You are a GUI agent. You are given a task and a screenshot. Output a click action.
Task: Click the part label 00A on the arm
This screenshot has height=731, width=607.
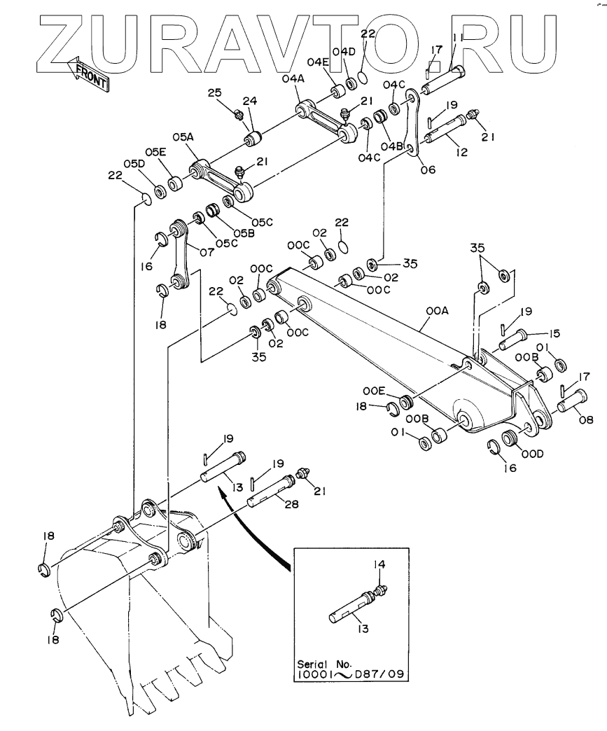438,310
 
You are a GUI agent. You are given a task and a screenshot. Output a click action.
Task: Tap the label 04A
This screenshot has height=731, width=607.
293,79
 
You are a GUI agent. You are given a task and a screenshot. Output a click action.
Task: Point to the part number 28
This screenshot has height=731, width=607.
292,504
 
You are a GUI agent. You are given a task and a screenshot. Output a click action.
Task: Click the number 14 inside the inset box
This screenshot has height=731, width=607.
379,564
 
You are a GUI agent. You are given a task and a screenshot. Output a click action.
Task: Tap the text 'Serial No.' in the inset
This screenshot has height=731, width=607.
326,664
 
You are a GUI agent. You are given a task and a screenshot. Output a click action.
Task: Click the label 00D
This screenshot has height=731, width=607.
533,453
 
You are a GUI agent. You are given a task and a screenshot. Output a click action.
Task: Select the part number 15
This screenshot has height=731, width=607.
554,333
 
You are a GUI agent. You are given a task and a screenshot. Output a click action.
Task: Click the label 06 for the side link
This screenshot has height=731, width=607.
428,169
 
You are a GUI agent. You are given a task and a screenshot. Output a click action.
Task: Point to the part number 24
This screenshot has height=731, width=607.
250,101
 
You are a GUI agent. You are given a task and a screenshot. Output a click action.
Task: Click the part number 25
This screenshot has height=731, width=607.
215,92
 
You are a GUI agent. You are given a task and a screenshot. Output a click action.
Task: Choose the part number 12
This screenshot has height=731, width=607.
461,152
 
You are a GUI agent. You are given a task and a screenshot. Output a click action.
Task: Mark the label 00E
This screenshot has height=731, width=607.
375,391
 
